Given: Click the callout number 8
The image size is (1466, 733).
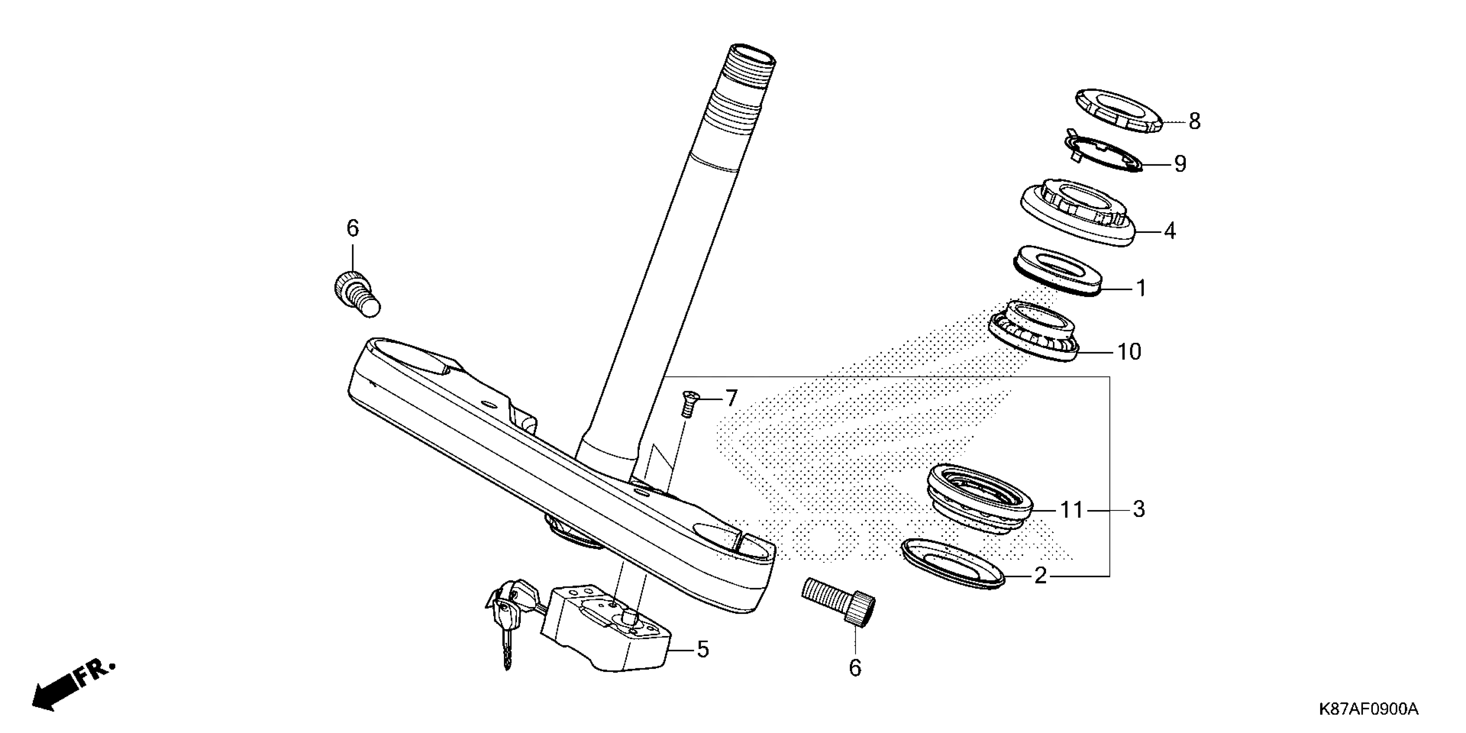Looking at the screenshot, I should pyautogui.click(x=1194, y=121).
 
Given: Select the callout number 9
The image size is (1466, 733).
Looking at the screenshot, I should pyautogui.click(x=1180, y=164).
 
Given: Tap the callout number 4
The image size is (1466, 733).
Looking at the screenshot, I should pyautogui.click(x=1169, y=231).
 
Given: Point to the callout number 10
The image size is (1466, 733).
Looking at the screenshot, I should pyautogui.click(x=1129, y=352).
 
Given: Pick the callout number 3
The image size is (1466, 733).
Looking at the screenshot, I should pyautogui.click(x=1138, y=509).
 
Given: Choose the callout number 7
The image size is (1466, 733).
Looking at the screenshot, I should pyautogui.click(x=731, y=398).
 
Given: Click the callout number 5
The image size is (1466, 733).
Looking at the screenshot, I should pyautogui.click(x=703, y=649).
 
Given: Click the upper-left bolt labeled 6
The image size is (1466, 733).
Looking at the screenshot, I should pyautogui.click(x=355, y=292).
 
